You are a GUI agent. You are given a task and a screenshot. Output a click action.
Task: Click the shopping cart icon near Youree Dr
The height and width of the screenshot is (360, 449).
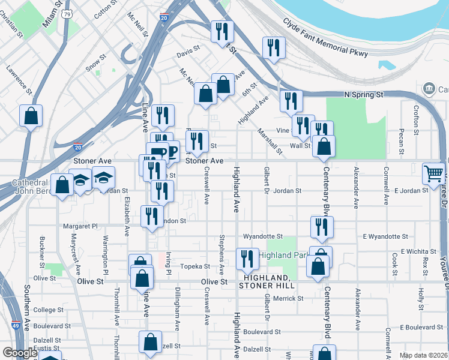coord(433,173)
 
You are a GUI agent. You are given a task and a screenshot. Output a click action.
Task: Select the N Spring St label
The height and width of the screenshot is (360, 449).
coord(364,95)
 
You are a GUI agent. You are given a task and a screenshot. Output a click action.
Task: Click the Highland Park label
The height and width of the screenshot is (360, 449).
coord(282,255)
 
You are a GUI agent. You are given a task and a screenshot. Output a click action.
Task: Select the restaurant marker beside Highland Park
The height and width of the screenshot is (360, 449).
coord(247,259)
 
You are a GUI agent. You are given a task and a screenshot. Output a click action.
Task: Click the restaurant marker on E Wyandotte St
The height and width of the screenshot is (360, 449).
coord(322,227)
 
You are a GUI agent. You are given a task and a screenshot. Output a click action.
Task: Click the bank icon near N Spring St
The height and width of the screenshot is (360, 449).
coord(429,89)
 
